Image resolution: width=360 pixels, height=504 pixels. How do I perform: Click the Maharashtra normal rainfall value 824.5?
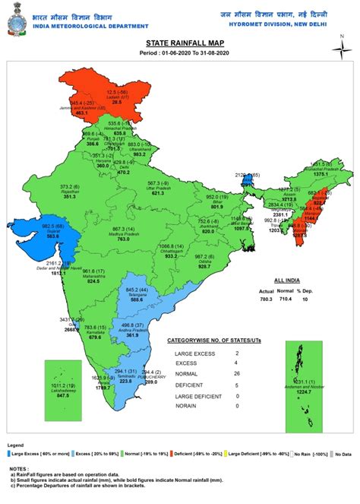(x=94, y=281)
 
